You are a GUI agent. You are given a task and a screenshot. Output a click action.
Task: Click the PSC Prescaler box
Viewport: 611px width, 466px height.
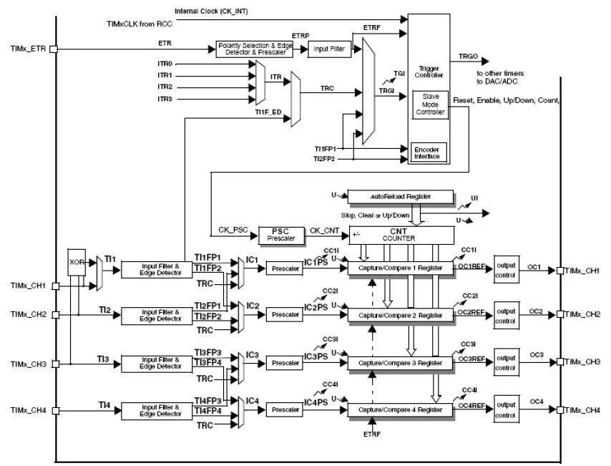coord(281,235)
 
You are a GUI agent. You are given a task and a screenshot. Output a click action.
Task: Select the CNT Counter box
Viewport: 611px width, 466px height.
coord(401,235)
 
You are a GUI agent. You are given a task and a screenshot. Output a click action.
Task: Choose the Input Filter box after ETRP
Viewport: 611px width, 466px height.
coord(329,49)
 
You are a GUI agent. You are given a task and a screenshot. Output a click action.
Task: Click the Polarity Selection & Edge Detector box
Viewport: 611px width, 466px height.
coord(255,49)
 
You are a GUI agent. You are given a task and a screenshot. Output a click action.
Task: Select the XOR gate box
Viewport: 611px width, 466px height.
coord(76,262)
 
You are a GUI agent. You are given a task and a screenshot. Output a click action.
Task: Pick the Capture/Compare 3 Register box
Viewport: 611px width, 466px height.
coord(400,363)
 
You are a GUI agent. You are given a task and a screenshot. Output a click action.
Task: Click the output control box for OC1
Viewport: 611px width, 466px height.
coord(506,269)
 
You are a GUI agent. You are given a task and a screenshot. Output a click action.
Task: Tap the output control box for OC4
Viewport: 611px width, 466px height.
coord(506,409)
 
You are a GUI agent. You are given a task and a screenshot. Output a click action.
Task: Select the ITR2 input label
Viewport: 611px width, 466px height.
coord(165,87)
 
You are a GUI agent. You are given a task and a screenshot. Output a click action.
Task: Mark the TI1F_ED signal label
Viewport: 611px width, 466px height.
coord(268,112)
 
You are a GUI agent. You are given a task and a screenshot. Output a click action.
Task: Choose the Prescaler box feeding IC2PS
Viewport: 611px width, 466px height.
coord(285,314)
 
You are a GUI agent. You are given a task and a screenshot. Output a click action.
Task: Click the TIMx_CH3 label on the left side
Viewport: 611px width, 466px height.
coord(29,364)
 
